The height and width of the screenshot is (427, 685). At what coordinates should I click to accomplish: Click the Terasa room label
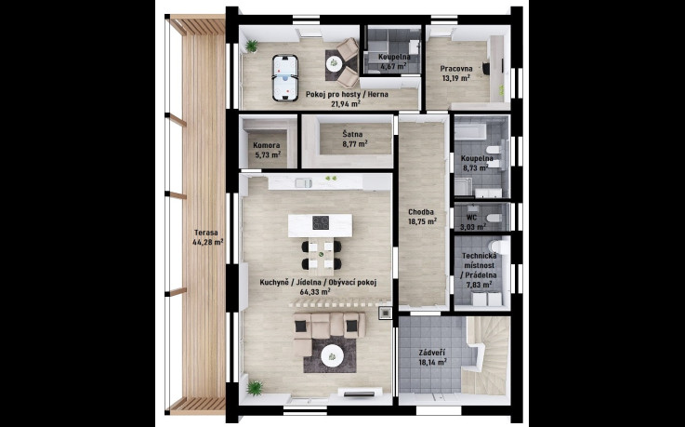click(206, 233)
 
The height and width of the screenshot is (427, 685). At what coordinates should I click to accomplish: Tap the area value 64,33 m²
click(315, 291)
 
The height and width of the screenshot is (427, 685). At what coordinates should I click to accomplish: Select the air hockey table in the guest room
click(283, 78)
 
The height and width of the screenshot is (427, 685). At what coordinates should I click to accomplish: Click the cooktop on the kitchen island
click(321, 222)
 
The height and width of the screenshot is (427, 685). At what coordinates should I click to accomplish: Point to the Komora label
click(267, 145)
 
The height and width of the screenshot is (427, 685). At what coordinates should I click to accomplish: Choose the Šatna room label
click(351, 134)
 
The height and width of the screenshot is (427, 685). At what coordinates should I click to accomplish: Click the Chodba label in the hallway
click(421, 212)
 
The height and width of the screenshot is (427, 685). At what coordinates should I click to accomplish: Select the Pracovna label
click(456, 69)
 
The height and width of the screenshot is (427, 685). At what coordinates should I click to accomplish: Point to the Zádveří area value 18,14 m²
click(432, 362)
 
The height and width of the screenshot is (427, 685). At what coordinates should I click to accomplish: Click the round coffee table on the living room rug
click(332, 355)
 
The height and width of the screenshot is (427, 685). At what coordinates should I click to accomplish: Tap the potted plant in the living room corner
click(254, 388)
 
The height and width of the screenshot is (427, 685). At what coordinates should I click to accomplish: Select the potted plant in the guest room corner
click(252, 46)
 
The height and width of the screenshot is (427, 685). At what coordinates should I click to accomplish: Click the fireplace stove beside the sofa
click(386, 313)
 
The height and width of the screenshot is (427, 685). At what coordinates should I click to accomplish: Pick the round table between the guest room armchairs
click(335, 64)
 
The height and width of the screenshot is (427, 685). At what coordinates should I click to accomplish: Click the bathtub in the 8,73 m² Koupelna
click(470, 131)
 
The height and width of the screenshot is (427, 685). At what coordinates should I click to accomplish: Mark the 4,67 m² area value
click(393, 67)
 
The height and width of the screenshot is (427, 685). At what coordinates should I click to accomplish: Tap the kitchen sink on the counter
click(304, 183)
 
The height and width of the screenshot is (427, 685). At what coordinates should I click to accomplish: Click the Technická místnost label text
click(479, 260)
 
